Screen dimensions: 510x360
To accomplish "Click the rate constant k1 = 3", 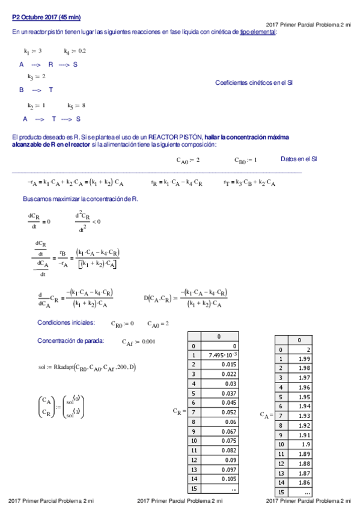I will [32, 52].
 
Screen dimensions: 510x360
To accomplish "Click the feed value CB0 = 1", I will [246, 160].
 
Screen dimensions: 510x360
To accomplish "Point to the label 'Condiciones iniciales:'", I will [66, 322].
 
